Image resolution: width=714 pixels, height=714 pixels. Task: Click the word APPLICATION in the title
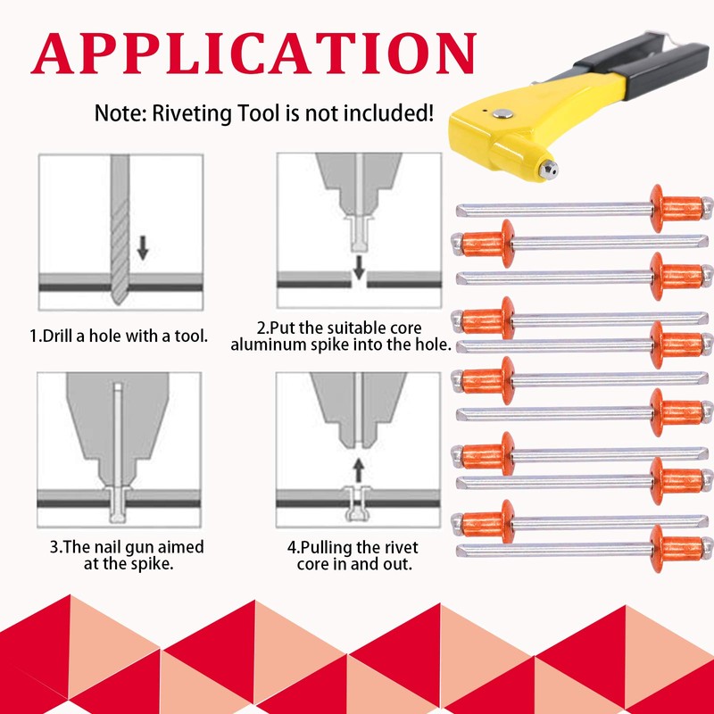[x=253, y=54]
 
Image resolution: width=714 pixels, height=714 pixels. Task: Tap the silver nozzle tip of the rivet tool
[x=548, y=170]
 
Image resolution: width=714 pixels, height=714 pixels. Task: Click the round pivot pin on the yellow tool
[x=502, y=114]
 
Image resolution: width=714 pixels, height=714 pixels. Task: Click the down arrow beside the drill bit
[x=143, y=248]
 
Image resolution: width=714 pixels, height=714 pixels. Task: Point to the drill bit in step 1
[x=120, y=230]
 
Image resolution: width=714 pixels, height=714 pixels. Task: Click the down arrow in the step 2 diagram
[x=360, y=267]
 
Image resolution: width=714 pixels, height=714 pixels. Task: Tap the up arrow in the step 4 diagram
[x=359, y=470]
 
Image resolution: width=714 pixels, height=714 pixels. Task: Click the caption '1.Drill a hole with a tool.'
[x=119, y=336]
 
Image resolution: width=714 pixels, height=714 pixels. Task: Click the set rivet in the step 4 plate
[x=358, y=503]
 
